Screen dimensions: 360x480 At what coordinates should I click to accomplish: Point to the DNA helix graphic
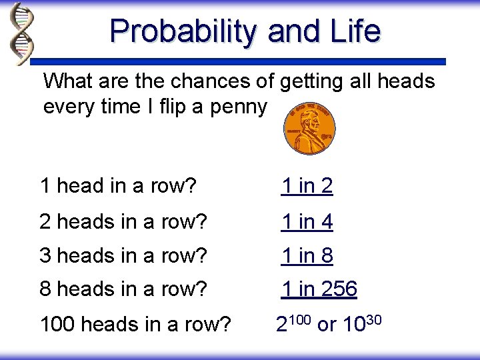[21, 33]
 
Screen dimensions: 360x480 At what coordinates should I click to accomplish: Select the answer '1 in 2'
[306, 187]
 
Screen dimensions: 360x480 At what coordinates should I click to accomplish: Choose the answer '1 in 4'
[306, 221]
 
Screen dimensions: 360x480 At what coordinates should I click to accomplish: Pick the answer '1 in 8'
[306, 255]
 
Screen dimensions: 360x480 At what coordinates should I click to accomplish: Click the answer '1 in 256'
[319, 289]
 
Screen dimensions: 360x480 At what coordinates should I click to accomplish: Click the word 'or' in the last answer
[327, 325]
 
